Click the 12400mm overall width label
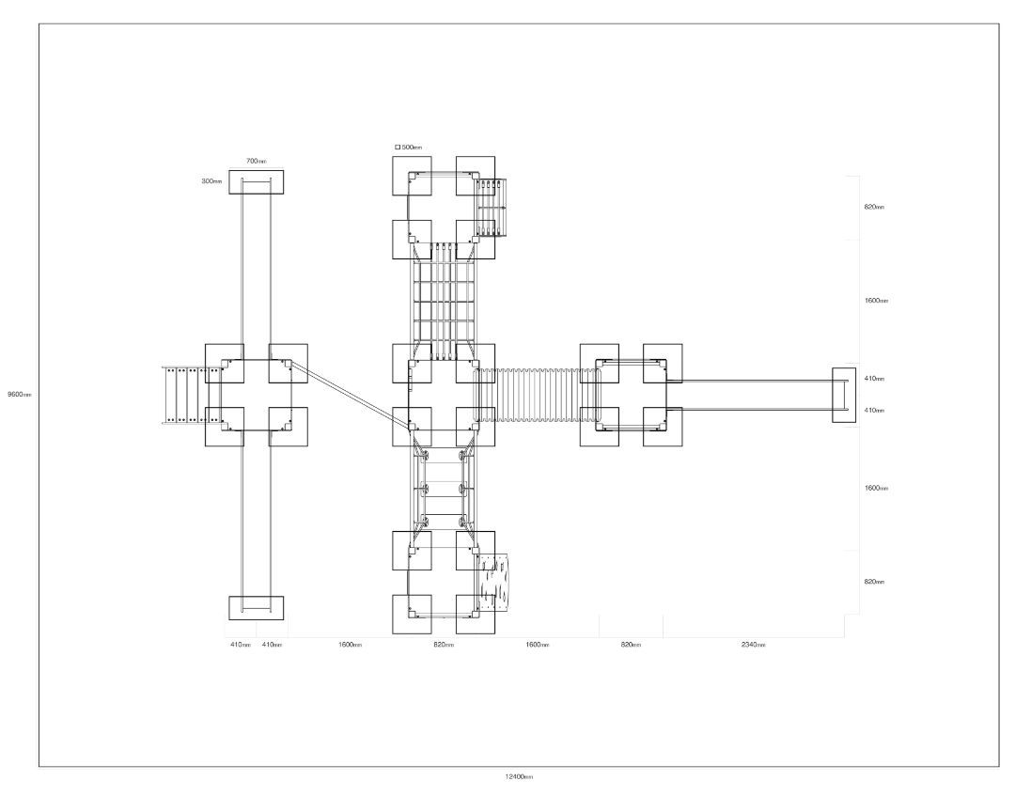click(x=519, y=777)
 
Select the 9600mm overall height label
click(x=19, y=395)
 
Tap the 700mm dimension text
click(x=257, y=161)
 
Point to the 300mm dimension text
click(x=211, y=181)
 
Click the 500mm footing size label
click(x=412, y=148)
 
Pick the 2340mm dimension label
click(x=754, y=645)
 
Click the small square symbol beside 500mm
click(x=398, y=148)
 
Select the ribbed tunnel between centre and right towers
click(x=538, y=395)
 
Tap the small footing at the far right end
click(x=844, y=395)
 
